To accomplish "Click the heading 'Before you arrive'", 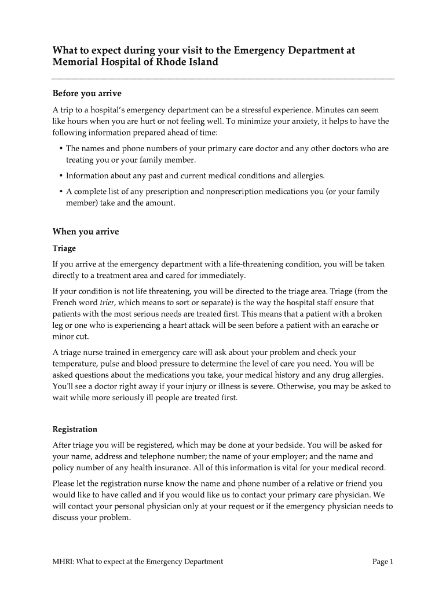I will point(87,93).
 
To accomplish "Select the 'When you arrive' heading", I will point(86,232).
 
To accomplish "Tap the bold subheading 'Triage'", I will point(64,248).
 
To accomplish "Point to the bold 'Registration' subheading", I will point(75,430).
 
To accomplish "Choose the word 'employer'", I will point(294,456).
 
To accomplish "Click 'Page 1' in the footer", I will point(383,561).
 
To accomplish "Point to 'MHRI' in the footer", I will point(63,561).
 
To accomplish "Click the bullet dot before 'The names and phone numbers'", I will point(60,149).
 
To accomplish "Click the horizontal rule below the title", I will point(223,78).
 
